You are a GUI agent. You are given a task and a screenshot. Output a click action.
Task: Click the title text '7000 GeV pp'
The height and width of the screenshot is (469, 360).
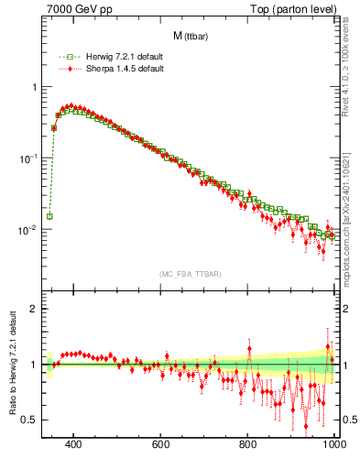click(73, 10)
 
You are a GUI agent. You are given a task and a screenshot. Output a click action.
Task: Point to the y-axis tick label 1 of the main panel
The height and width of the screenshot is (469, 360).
click(35, 87)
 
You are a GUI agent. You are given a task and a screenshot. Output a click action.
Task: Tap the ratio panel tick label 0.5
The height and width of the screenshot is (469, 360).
click(31, 420)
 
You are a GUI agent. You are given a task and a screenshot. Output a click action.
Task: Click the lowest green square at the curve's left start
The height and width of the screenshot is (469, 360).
click(49, 216)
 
